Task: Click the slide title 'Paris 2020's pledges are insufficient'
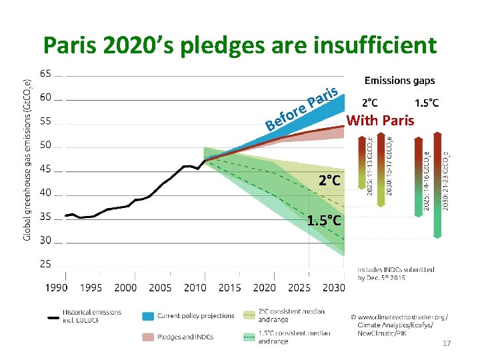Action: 240,45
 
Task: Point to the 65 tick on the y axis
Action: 47,73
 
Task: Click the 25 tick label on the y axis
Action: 47,264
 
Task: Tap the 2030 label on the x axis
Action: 334,288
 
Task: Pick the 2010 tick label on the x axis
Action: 195,288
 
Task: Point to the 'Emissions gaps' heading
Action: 399,81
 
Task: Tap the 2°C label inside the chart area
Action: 329,180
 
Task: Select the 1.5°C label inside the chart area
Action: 325,221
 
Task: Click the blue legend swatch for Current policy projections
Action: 147,316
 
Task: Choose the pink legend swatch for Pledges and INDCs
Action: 147,336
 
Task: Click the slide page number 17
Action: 447,343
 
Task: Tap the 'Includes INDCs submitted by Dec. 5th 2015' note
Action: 395,273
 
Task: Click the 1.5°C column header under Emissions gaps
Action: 427,103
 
